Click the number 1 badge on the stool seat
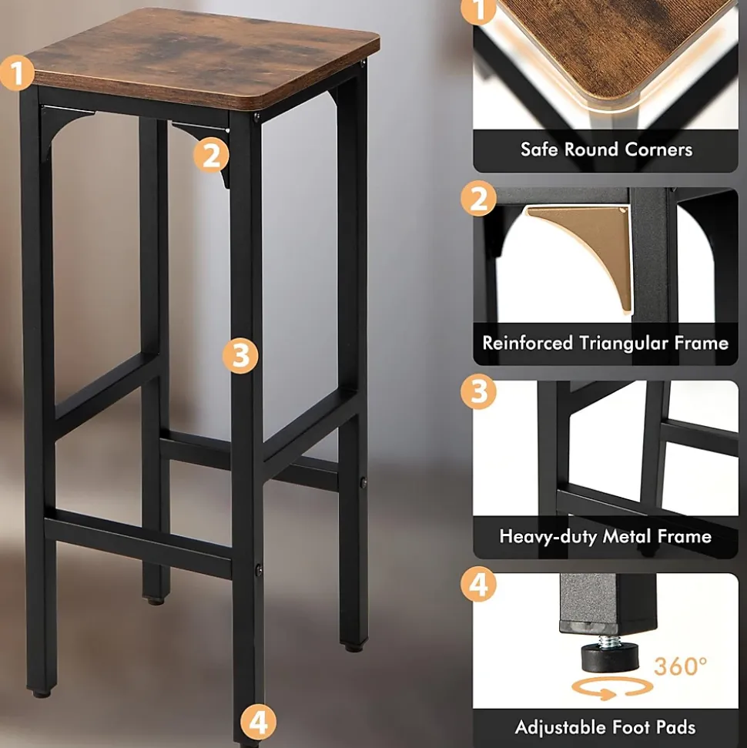click(x=17, y=73)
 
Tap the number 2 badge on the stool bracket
click(x=211, y=156)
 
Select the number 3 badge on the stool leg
click(x=240, y=356)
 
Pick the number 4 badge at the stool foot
click(x=258, y=723)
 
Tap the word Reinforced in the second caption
click(x=528, y=343)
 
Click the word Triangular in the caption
click(x=623, y=344)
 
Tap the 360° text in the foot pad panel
click(x=681, y=666)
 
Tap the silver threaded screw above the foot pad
click(x=610, y=639)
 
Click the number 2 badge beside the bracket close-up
click(x=478, y=198)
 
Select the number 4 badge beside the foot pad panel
click(x=478, y=584)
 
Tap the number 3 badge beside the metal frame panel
click(x=478, y=391)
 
